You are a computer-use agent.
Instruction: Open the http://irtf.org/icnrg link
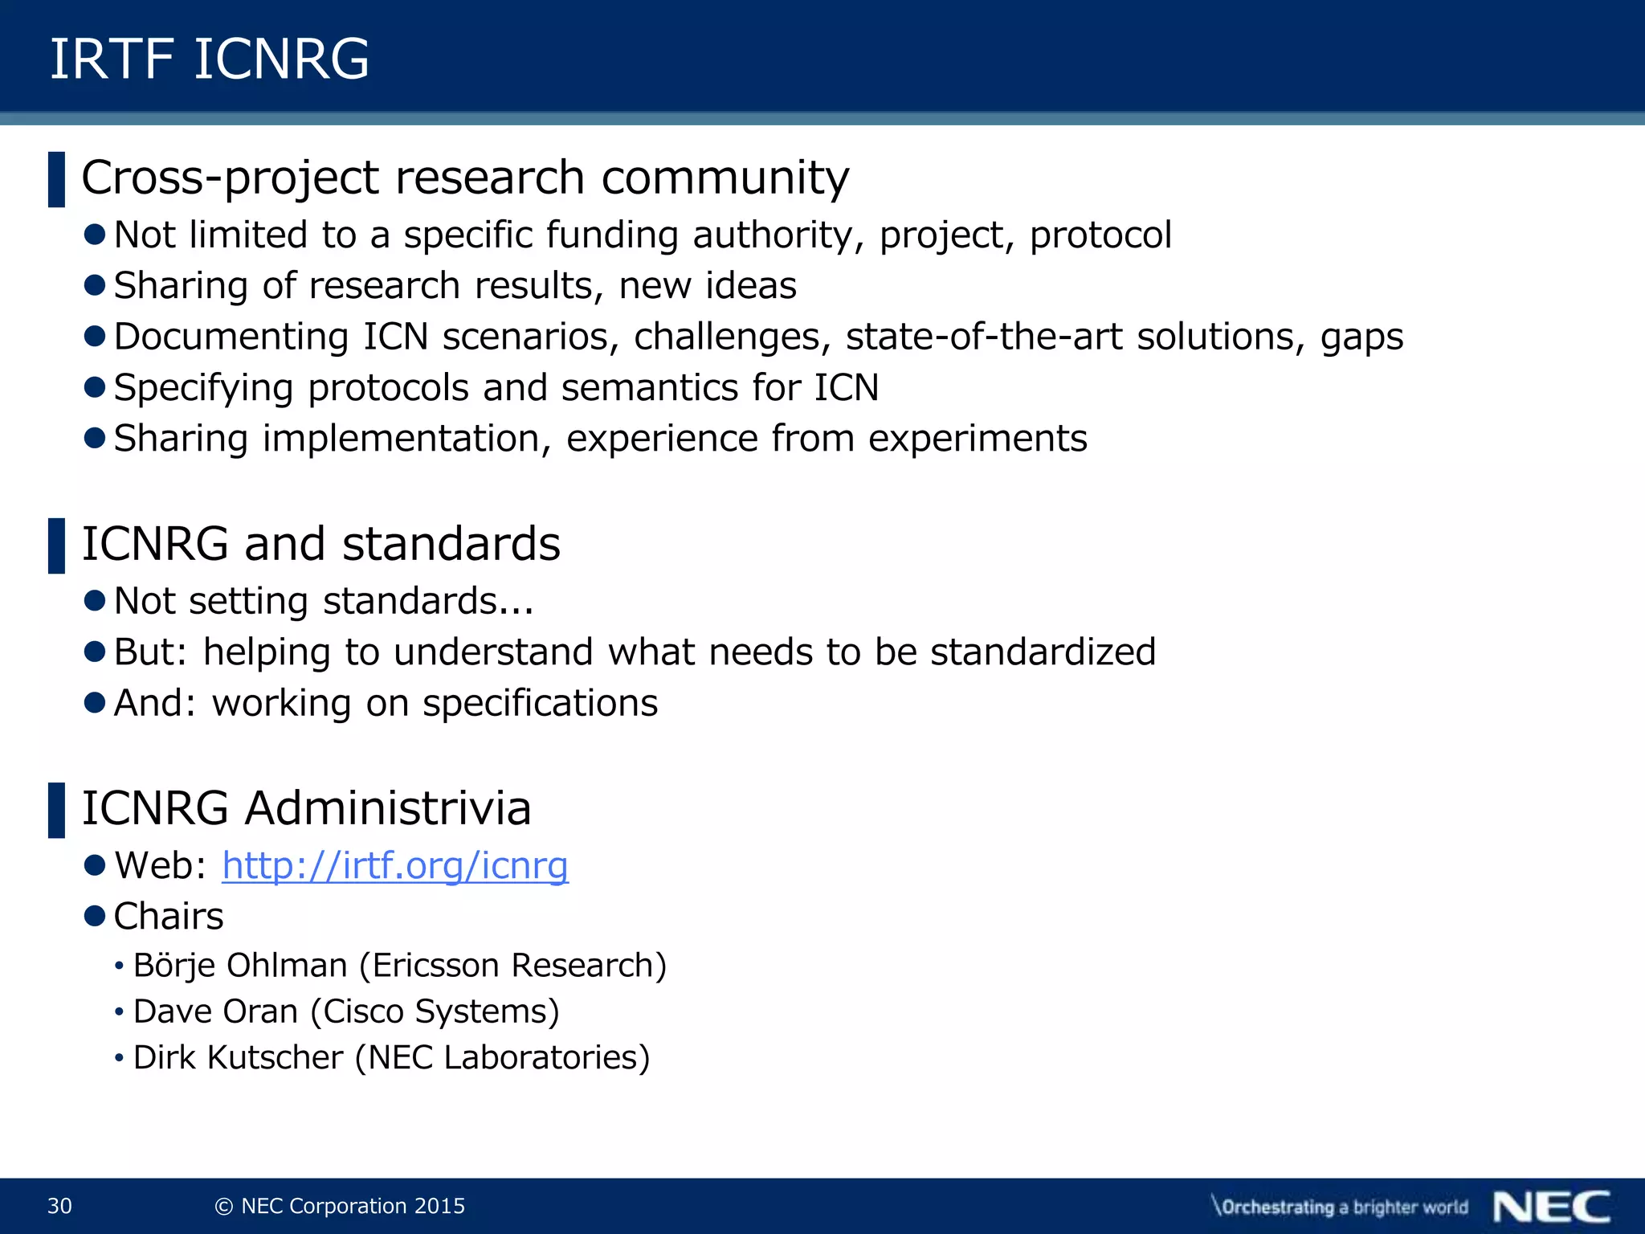coord(395,866)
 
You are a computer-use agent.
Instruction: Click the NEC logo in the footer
coord(1552,1207)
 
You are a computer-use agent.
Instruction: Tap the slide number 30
coord(60,1206)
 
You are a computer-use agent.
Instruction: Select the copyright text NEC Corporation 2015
coord(341,1206)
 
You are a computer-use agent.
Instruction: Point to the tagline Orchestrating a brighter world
coord(1340,1207)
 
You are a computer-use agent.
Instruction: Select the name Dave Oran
coord(215,1011)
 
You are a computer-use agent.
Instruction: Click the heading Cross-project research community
coord(464,178)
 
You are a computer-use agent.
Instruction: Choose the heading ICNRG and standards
coord(320,544)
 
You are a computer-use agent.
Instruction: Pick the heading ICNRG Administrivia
coord(306,808)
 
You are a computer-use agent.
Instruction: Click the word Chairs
coord(168,917)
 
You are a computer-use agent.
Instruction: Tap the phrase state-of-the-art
coord(984,337)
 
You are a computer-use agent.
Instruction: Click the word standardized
coord(1043,652)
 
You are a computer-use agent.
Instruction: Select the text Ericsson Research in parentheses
coord(512,966)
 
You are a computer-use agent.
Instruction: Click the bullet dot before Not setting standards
coord(95,600)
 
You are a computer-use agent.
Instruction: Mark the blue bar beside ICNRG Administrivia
coord(56,810)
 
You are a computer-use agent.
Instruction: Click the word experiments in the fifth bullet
coord(978,439)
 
